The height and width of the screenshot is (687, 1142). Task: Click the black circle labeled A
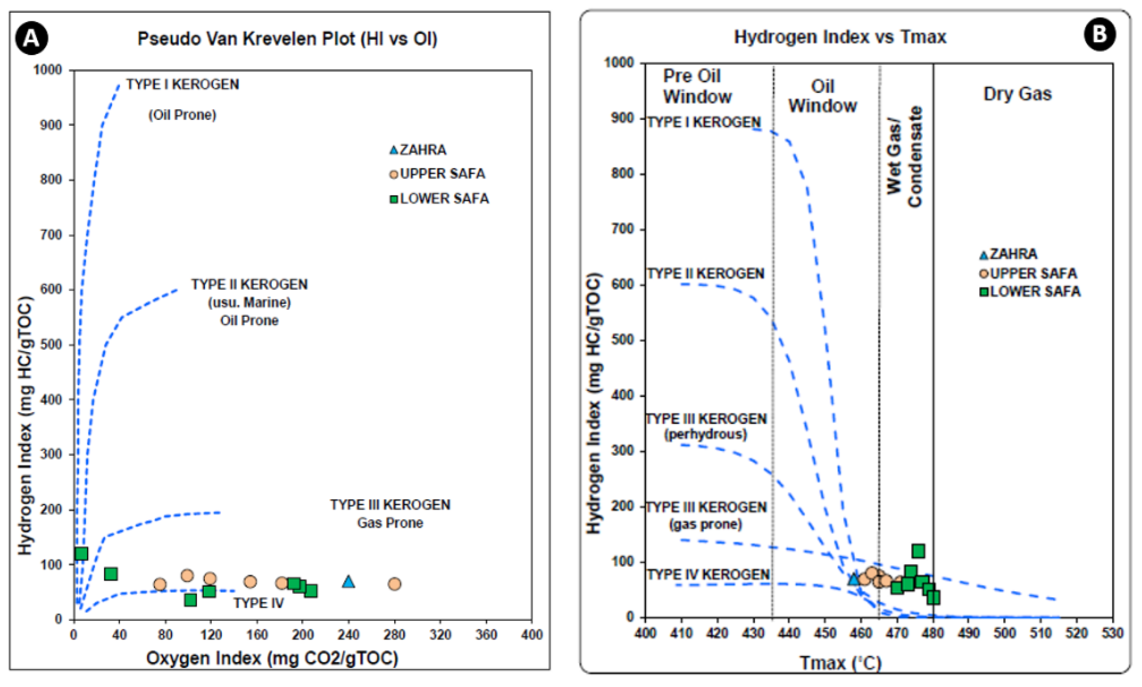32,38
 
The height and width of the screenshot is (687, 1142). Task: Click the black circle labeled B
1100,35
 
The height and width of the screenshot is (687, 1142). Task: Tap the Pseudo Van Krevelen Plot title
287,39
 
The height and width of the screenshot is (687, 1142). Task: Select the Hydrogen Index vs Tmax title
840,37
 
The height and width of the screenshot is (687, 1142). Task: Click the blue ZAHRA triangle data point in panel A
348,581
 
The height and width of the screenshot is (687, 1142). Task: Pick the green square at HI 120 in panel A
81,554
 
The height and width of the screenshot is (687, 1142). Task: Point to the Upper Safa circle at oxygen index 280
394,584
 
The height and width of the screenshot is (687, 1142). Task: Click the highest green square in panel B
918,551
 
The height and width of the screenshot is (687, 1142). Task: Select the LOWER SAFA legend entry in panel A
439,199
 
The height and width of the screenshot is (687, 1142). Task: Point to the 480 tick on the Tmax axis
933,633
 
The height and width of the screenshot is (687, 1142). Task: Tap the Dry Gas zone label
1017,95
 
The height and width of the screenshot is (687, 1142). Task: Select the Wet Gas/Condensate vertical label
904,156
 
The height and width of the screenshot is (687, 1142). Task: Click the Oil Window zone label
822,96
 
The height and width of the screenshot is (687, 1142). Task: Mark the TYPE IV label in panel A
258,603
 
